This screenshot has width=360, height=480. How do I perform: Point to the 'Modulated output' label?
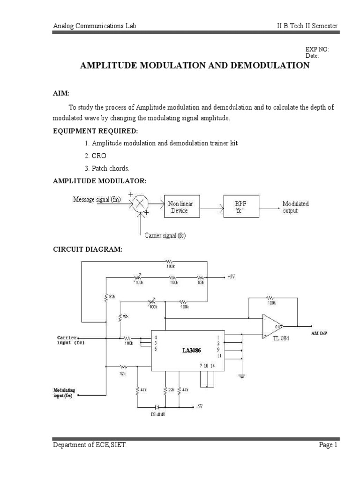click(295, 208)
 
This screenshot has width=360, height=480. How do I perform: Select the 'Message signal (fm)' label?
click(97, 199)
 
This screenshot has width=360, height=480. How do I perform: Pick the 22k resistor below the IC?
click(165, 390)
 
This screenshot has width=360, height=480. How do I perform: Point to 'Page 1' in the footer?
click(329, 446)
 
